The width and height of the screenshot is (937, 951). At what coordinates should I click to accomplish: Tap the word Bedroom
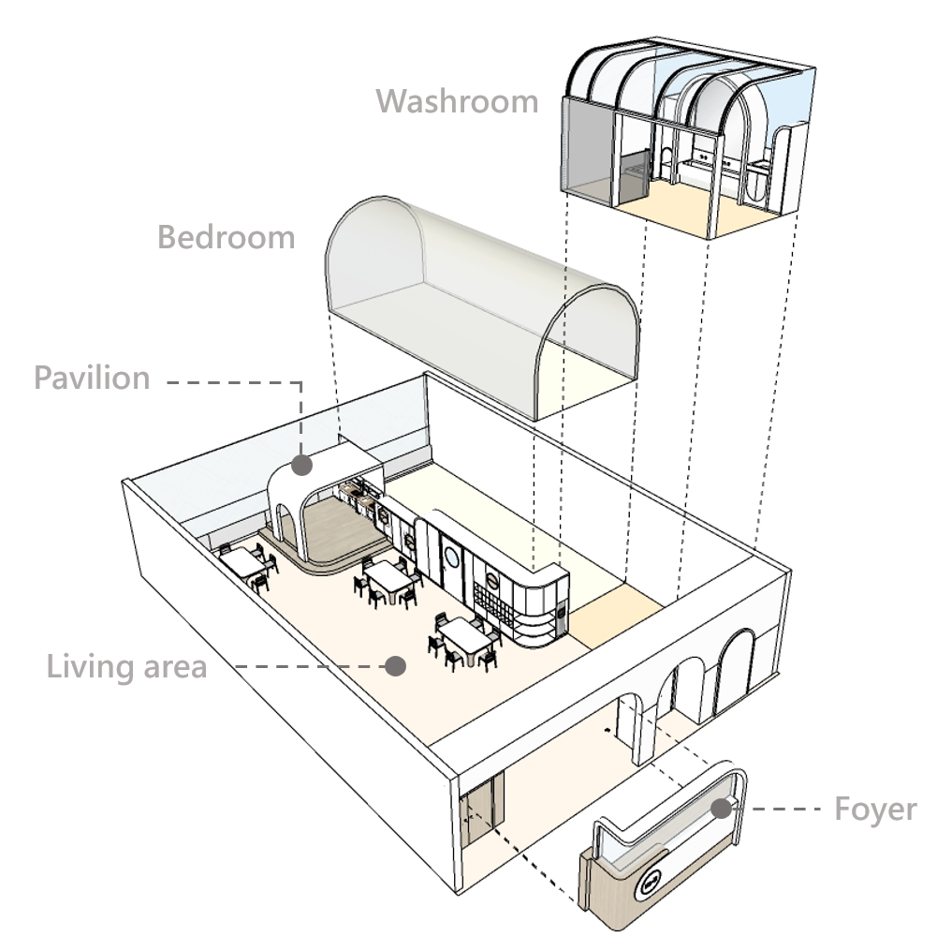[226, 237]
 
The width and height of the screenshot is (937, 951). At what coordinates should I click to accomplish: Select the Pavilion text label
[91, 378]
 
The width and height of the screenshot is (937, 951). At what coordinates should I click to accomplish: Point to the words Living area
[127, 667]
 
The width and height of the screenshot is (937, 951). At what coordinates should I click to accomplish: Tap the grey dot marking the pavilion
[301, 464]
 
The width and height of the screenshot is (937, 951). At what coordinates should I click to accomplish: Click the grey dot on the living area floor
[395, 666]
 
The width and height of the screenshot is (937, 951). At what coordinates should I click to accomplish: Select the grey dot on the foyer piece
[719, 809]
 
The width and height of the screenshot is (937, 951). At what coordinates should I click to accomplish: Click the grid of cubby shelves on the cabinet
[492, 601]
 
